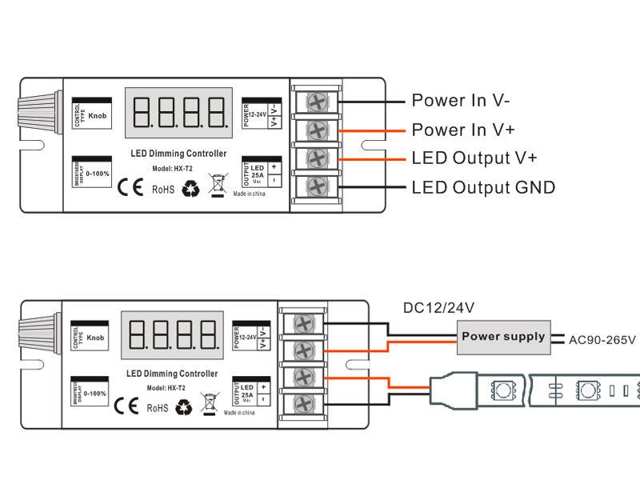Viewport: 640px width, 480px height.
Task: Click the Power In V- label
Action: coord(461,101)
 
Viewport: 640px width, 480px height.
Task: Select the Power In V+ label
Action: coord(463,130)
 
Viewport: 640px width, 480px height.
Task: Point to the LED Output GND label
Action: coord(483,187)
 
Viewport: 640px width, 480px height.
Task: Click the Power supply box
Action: coord(503,337)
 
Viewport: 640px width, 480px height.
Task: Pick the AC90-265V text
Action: coord(602,339)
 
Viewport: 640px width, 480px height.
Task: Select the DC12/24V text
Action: coord(439,307)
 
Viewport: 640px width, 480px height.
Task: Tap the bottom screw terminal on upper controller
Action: coord(316,186)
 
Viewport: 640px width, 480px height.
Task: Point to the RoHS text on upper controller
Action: coord(163,190)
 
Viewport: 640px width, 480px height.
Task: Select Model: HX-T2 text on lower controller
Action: coord(166,388)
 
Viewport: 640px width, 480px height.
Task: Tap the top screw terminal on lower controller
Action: coord(303,323)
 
